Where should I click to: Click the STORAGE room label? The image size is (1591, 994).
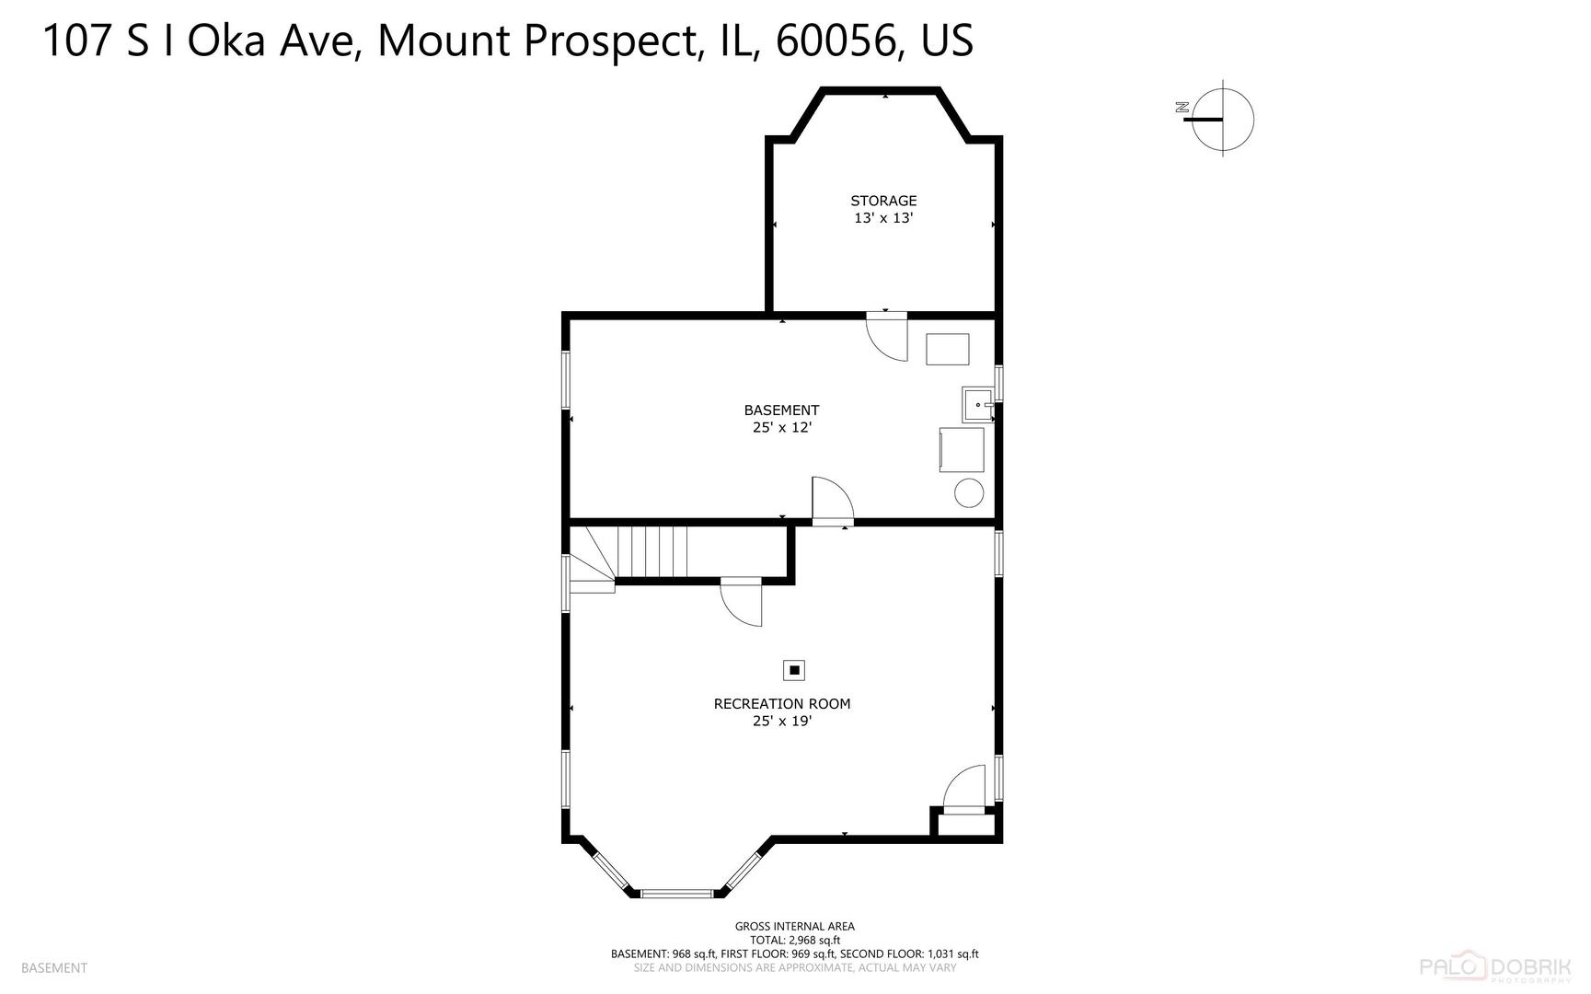coord(883,201)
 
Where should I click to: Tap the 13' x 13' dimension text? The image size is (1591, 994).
coord(883,219)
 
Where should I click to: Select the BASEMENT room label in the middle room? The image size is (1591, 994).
coord(781,410)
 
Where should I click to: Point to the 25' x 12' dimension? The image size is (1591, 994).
coord(781,428)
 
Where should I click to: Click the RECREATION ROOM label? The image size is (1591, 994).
coord(782,704)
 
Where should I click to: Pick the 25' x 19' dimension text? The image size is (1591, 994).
coord(782,722)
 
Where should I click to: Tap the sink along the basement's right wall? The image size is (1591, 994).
coord(977,404)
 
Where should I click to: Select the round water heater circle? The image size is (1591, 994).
coord(969,492)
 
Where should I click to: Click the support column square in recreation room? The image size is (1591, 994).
coord(794,670)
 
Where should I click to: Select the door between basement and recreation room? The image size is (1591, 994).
coord(832,502)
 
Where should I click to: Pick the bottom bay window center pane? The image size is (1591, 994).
coord(676,893)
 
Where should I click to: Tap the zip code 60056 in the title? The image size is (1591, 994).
coord(836,41)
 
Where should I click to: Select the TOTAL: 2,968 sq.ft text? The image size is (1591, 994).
coord(794,941)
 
